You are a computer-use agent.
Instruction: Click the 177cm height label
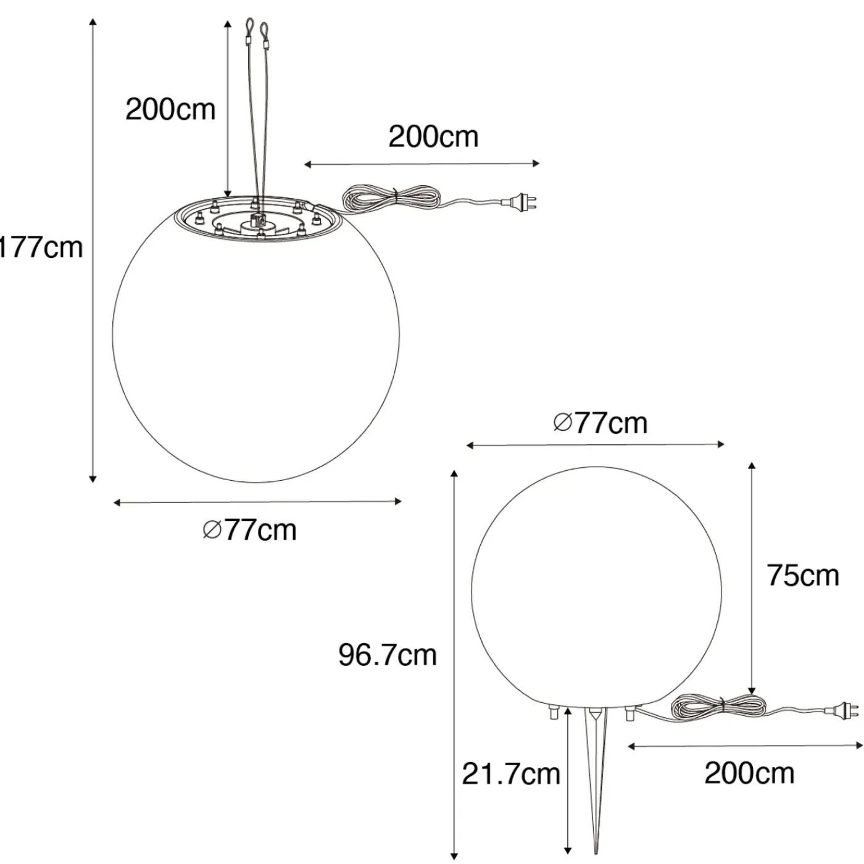(x=41, y=247)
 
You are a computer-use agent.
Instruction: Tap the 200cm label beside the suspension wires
(x=170, y=109)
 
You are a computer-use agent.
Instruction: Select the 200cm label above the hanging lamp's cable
(x=434, y=136)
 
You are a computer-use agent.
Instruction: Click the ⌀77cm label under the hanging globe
(x=250, y=530)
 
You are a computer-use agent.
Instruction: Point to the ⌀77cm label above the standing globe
(x=601, y=423)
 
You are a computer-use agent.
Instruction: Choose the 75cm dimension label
(x=803, y=576)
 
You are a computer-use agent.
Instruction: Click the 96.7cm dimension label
(x=388, y=655)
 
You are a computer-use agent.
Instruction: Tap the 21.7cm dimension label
(x=511, y=773)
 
